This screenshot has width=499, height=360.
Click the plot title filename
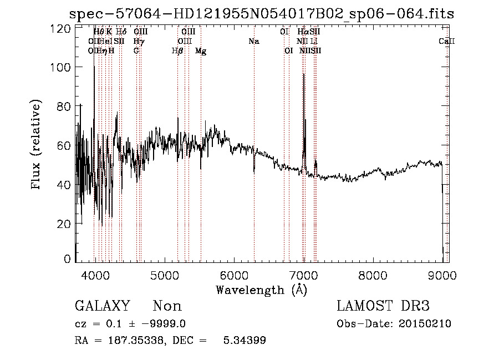pyautogui.click(x=261, y=14)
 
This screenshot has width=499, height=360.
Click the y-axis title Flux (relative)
pyautogui.click(x=37, y=146)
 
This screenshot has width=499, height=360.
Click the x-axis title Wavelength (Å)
pyautogui.click(x=261, y=290)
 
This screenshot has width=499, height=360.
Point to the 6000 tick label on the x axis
pyautogui.click(x=234, y=275)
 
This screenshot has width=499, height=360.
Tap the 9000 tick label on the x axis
pyautogui.click(x=442, y=275)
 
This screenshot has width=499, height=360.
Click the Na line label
pyautogui.click(x=254, y=42)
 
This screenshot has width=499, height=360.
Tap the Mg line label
pyautogui.click(x=201, y=51)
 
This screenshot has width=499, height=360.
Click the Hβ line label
pyautogui.click(x=177, y=51)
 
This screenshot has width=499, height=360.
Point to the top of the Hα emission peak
pyautogui.click(x=303, y=74)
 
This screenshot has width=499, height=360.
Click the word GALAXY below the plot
pyautogui.click(x=102, y=306)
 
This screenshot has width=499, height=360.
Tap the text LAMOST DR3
pyautogui.click(x=383, y=306)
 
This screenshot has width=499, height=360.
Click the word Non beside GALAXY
pyautogui.click(x=167, y=306)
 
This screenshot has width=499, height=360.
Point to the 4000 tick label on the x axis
pyautogui.click(x=95, y=275)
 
